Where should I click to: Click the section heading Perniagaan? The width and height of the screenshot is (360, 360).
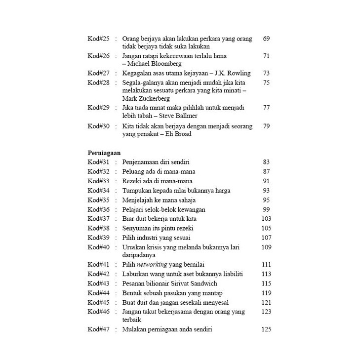pyautogui.click(x=105, y=153)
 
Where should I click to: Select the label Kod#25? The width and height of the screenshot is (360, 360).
pyautogui.click(x=98, y=39)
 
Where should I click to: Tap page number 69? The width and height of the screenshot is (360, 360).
pyautogui.click(x=266, y=39)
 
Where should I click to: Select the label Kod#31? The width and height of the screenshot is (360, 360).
pyautogui.click(x=98, y=162)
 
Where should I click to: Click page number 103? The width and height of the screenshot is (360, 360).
pyautogui.click(x=266, y=218)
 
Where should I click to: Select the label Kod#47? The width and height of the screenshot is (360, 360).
pyautogui.click(x=98, y=329)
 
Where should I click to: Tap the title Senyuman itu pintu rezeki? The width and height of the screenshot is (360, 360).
pyautogui.click(x=159, y=228)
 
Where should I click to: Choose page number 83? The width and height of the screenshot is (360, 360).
pyautogui.click(x=266, y=162)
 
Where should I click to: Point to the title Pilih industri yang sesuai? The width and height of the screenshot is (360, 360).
pyautogui.click(x=156, y=237)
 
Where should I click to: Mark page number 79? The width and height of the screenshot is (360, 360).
pyautogui.click(x=266, y=126)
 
